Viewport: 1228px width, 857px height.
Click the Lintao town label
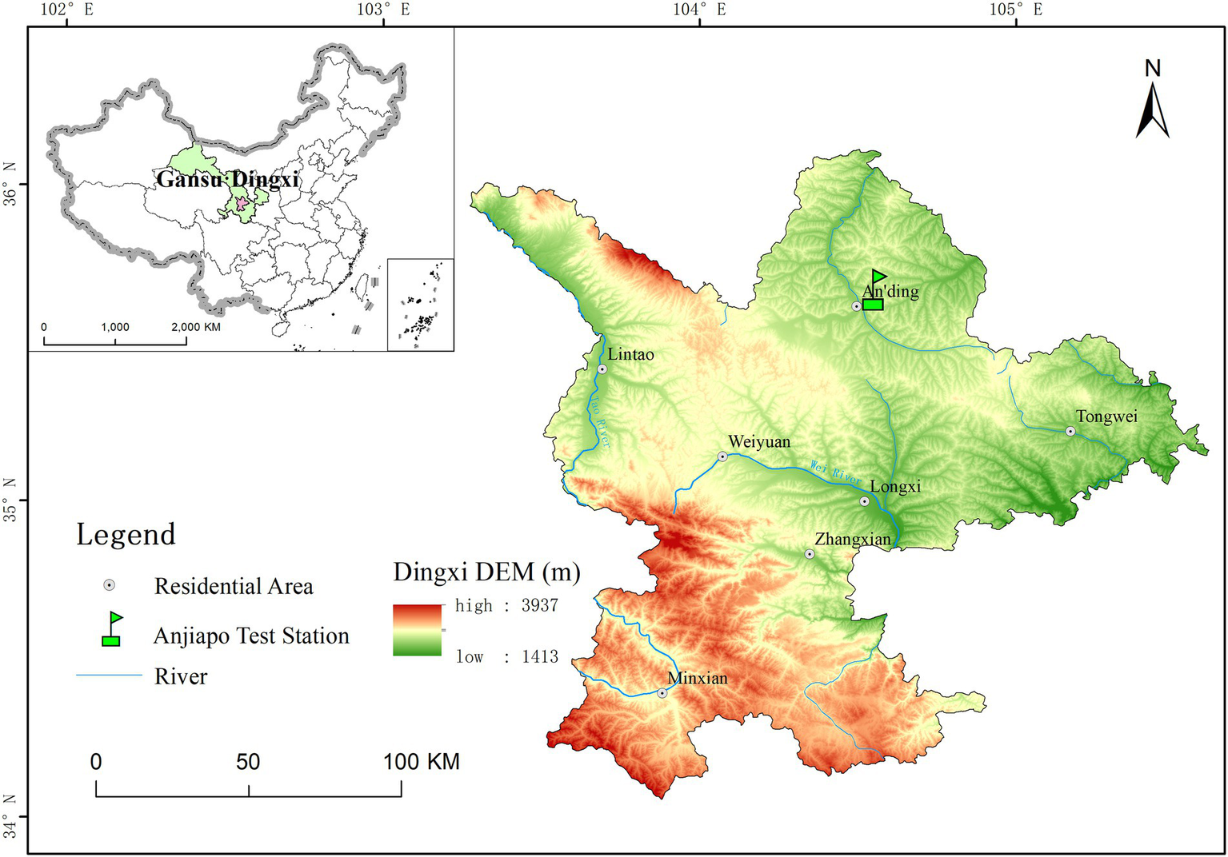pos(630,354)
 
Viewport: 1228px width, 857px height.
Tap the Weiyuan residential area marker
pos(722,456)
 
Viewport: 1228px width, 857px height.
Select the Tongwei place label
pos(1106,417)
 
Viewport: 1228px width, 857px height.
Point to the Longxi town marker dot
pos(864,501)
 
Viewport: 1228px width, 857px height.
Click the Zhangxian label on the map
pos(853,539)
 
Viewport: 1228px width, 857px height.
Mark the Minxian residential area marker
pos(662,693)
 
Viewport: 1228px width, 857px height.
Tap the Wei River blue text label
pos(835,472)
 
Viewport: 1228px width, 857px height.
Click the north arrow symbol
pos(1152,111)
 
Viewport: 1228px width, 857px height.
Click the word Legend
pos(126,534)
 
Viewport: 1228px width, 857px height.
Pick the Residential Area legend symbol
pos(110,585)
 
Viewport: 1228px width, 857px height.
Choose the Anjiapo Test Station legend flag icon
pos(111,629)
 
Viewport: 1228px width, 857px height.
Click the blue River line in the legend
pos(109,676)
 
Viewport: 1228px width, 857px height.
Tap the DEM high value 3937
pos(539,605)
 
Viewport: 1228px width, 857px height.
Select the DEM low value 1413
pos(539,656)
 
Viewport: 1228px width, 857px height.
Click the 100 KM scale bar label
pos(421,761)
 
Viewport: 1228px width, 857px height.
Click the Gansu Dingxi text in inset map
pos(227,179)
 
